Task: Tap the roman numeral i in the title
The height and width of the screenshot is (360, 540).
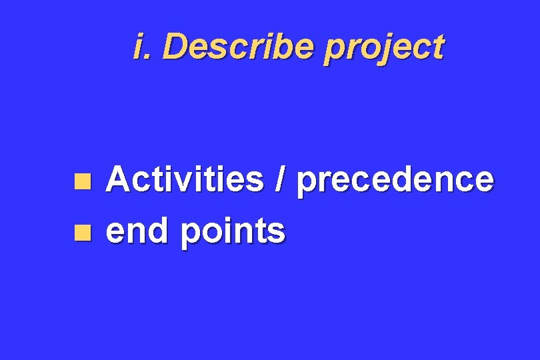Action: [x=138, y=47]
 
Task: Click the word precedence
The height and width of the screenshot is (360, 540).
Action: [x=395, y=180]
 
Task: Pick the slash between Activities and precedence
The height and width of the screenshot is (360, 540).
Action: [x=280, y=180]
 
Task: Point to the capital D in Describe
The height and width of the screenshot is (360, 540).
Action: [x=173, y=47]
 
